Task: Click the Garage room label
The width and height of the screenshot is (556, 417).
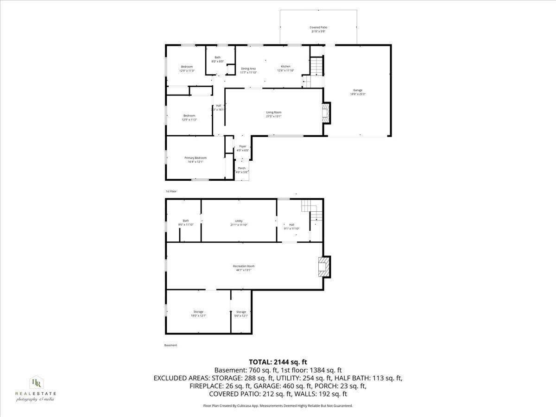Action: (357, 92)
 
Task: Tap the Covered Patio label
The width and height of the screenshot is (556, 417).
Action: (318, 29)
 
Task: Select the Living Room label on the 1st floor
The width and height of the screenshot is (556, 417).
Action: (273, 114)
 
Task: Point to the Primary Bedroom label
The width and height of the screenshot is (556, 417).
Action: (195, 160)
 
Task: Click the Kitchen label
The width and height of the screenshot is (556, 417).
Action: (285, 69)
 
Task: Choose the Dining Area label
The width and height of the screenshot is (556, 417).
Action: (248, 70)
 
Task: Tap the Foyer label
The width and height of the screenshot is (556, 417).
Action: (242, 148)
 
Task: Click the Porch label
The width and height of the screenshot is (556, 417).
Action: (241, 170)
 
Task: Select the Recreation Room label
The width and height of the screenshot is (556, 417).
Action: (243, 268)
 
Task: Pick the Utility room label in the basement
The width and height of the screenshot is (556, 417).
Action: (239, 223)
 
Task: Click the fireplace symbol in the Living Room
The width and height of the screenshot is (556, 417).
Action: (327, 113)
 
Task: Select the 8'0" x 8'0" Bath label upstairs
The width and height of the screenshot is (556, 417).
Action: (217, 59)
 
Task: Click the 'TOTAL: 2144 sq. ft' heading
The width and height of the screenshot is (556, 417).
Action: (278, 362)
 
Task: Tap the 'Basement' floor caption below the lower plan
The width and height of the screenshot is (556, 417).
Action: (171, 345)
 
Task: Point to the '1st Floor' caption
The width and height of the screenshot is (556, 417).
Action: (171, 191)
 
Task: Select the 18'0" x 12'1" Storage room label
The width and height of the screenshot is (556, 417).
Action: (198, 314)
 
